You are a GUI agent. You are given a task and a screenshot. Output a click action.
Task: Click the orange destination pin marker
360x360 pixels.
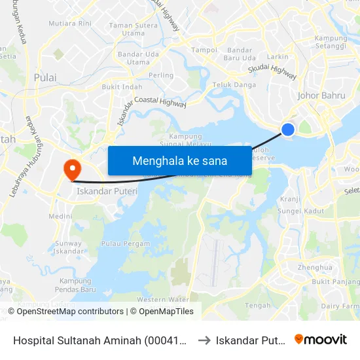click(x=71, y=169)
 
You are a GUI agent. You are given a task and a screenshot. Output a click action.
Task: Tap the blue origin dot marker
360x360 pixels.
click(x=287, y=130)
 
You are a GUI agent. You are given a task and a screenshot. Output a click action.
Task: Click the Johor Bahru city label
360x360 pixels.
click(x=321, y=96)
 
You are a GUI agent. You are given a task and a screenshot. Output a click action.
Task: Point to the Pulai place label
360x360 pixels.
click(x=45, y=78)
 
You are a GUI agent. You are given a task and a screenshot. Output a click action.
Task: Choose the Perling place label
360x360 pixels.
click(x=162, y=76)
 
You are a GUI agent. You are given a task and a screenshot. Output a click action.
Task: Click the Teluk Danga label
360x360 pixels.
click(x=234, y=85)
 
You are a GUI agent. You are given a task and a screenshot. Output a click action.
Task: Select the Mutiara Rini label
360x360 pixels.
click(x=75, y=24)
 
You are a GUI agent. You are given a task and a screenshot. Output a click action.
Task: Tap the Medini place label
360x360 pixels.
click(x=60, y=217)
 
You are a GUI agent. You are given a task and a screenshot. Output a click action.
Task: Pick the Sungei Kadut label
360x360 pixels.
click(x=301, y=211)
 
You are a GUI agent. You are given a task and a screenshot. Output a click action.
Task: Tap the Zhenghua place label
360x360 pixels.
click(x=315, y=268)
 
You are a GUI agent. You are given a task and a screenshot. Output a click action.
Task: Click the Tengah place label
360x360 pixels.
click(x=257, y=306)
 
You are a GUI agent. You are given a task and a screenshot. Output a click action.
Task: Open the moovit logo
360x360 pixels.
click(x=321, y=340)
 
